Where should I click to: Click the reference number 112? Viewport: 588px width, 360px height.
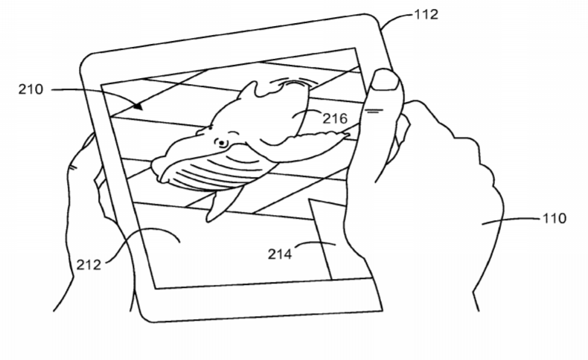tap(426, 15)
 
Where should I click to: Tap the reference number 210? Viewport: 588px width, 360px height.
tap(31, 89)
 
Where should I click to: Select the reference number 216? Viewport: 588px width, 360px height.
tap(335, 119)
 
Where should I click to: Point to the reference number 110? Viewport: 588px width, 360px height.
tap(555, 218)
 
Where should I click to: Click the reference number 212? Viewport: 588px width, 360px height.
tap(89, 265)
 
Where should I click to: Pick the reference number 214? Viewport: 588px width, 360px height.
tap(280, 254)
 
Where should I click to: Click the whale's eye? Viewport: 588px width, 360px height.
tap(221, 143)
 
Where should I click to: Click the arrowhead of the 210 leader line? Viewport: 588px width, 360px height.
tap(138, 106)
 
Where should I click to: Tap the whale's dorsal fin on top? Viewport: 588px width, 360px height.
tap(248, 91)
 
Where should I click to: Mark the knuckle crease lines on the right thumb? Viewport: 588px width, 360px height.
tap(374, 111)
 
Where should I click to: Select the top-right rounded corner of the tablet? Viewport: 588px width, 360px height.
tap(374, 21)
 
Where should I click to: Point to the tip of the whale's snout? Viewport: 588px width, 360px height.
tap(154, 165)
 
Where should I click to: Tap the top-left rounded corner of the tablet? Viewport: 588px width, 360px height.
tap(87, 61)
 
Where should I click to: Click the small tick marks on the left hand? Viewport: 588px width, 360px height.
tap(72, 167)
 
